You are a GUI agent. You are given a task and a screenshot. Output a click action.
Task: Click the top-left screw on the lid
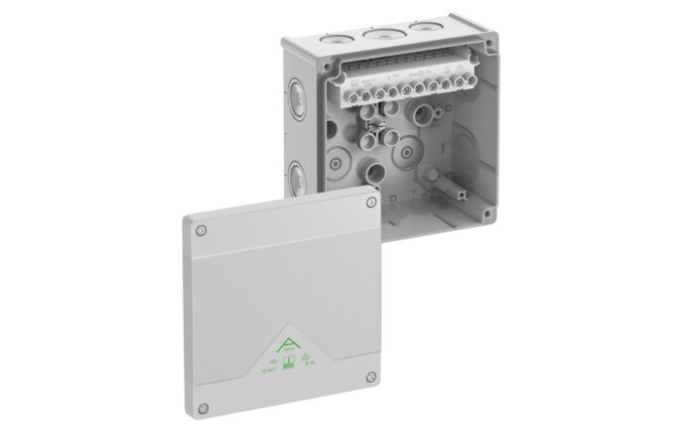pyautogui.click(x=201, y=230)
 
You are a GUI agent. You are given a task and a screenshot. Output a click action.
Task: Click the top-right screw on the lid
pyautogui.click(x=371, y=205)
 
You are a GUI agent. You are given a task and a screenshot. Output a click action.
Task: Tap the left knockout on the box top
pyautogui.click(x=339, y=38)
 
